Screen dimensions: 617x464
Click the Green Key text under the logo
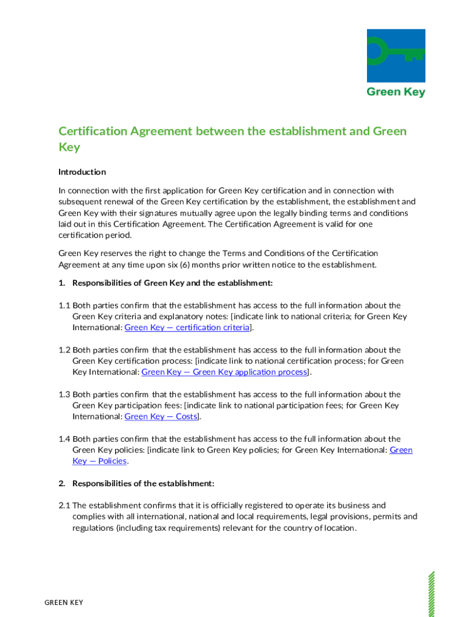pos(396,92)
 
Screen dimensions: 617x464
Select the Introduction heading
pos(82,172)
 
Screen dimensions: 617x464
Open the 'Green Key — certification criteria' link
pos(187,327)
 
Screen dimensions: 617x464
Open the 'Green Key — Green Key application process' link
pos(224,372)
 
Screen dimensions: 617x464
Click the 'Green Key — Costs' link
pos(161,416)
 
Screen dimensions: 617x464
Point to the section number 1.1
pos(64,305)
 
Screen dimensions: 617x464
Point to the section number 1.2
pos(64,350)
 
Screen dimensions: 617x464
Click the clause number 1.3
pos(64,395)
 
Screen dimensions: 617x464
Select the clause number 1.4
pos(64,439)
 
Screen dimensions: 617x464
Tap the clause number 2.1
pos(64,506)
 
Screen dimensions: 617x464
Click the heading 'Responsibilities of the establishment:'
pos(143,483)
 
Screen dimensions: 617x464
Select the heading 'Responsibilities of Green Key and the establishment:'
pos(172,283)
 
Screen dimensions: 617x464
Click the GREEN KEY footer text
pos(64,603)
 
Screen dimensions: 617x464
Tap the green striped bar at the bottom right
pos(430,594)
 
